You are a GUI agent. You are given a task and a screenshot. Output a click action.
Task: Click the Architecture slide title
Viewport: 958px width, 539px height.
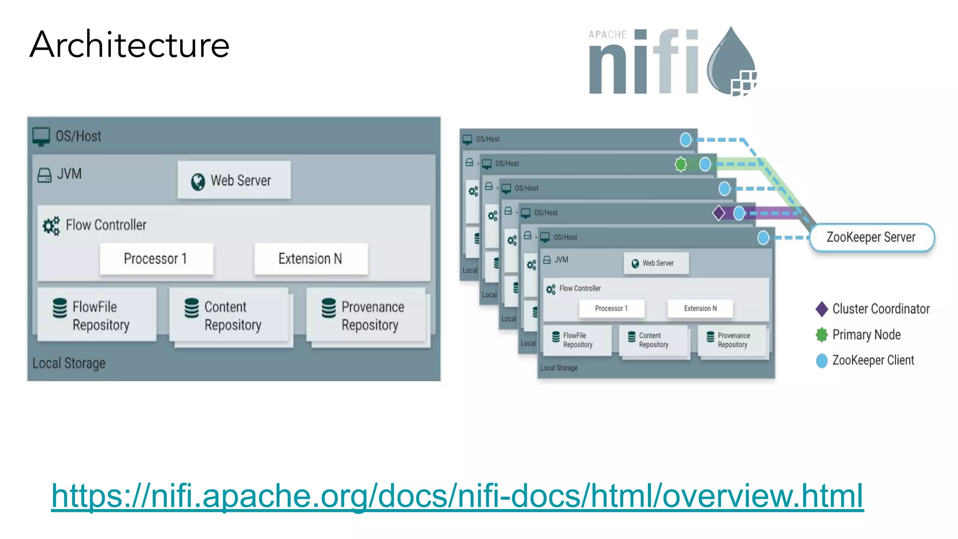130,45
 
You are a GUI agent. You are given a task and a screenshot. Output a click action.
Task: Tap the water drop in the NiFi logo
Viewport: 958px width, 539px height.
731,61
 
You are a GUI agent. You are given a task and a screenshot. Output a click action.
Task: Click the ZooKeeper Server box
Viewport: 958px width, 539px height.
871,237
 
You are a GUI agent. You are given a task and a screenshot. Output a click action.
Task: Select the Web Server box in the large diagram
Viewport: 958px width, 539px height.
234,181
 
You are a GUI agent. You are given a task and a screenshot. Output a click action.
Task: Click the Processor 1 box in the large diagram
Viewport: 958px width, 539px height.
156,259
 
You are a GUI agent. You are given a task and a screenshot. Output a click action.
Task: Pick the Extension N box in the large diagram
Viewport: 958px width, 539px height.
311,259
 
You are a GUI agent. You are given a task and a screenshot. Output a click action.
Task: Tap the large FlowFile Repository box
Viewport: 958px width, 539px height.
97,315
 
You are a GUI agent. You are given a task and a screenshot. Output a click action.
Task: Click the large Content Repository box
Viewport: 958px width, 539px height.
229,315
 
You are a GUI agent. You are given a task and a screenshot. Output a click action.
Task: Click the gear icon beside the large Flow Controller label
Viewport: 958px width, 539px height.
51,226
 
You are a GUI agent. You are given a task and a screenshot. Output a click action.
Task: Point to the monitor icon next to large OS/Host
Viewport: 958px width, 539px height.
41,137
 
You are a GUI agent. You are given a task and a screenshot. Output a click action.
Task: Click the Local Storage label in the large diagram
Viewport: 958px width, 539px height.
69,363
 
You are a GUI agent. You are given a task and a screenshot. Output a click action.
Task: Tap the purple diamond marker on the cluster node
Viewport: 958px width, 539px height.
718,213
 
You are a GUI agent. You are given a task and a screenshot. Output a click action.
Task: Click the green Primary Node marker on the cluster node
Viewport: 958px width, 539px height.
681,164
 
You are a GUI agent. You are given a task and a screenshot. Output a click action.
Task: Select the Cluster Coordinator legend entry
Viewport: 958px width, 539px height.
873,309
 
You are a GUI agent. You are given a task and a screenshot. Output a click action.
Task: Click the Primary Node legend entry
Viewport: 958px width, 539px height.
859,335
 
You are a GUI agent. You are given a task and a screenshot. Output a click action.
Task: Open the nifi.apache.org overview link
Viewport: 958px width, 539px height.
457,496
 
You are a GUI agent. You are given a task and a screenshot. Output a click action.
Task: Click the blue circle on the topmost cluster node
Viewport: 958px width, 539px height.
685,139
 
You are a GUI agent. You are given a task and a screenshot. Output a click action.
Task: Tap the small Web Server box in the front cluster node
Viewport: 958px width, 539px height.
656,263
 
